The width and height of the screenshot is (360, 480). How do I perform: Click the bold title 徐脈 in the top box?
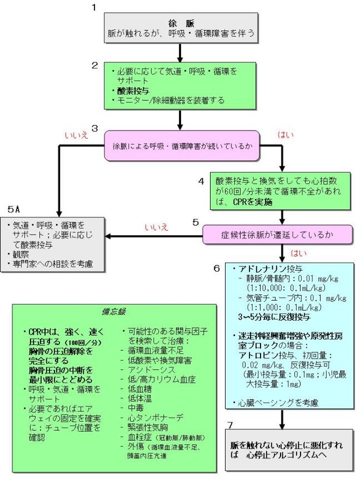[181, 23]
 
